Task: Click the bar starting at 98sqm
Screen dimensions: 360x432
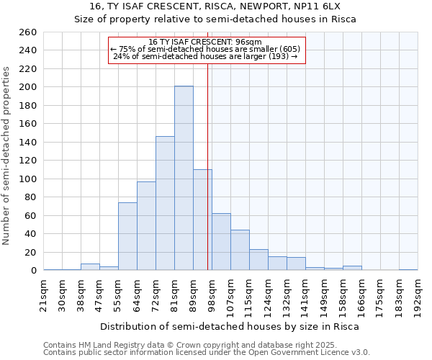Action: pyautogui.click(x=221, y=242)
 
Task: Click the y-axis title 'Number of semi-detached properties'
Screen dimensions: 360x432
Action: pyautogui.click(x=7, y=155)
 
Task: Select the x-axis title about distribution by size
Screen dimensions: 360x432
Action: pyautogui.click(x=229, y=327)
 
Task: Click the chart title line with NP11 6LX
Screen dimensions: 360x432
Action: pyautogui.click(x=215, y=6)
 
